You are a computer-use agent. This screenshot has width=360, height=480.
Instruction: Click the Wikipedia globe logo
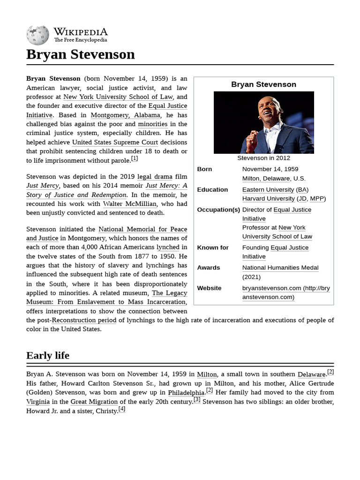(38, 35)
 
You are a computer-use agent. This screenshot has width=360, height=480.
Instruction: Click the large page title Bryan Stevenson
(81, 54)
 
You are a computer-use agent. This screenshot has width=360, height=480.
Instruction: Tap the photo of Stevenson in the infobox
(263, 122)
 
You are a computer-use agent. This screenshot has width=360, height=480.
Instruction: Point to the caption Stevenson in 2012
(263, 158)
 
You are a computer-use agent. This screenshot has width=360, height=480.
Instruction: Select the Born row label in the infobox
(204, 169)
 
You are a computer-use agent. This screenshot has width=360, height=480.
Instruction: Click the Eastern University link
(268, 189)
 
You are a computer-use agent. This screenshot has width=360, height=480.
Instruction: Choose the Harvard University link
(268, 198)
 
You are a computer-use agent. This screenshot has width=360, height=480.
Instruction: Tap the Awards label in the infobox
(209, 268)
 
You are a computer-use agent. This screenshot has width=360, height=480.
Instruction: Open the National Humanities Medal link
(280, 268)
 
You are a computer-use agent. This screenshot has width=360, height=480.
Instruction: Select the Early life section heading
(48, 355)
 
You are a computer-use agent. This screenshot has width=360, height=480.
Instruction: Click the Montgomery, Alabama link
(126, 115)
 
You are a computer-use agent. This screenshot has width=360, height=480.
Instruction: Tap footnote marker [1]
(135, 159)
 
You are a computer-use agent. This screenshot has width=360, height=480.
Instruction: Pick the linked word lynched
(168, 247)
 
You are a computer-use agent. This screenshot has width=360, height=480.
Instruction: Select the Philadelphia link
(186, 392)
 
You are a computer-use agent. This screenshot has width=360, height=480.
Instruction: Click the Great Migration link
(94, 402)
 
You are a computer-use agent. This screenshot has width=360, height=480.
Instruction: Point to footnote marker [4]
(122, 409)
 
